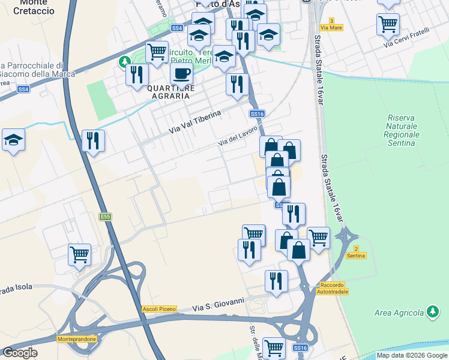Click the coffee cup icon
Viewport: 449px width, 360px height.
(x=181, y=74)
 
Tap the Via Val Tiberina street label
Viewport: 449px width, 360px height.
(x=195, y=122)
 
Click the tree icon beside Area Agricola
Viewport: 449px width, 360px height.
(x=432, y=311)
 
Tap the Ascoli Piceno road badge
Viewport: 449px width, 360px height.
(x=160, y=309)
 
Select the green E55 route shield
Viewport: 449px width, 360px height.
(x=106, y=217)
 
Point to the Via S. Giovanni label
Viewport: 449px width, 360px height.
(x=218, y=304)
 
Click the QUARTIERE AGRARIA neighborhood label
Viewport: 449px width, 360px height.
(x=171, y=92)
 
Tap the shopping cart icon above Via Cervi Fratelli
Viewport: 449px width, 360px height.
(x=388, y=25)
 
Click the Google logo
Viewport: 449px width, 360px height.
(x=20, y=353)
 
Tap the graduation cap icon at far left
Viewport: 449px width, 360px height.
(x=13, y=141)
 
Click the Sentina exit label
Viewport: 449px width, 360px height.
(x=355, y=256)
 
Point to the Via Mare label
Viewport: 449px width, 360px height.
(x=331, y=28)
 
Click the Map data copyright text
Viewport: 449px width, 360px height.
(x=412, y=355)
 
